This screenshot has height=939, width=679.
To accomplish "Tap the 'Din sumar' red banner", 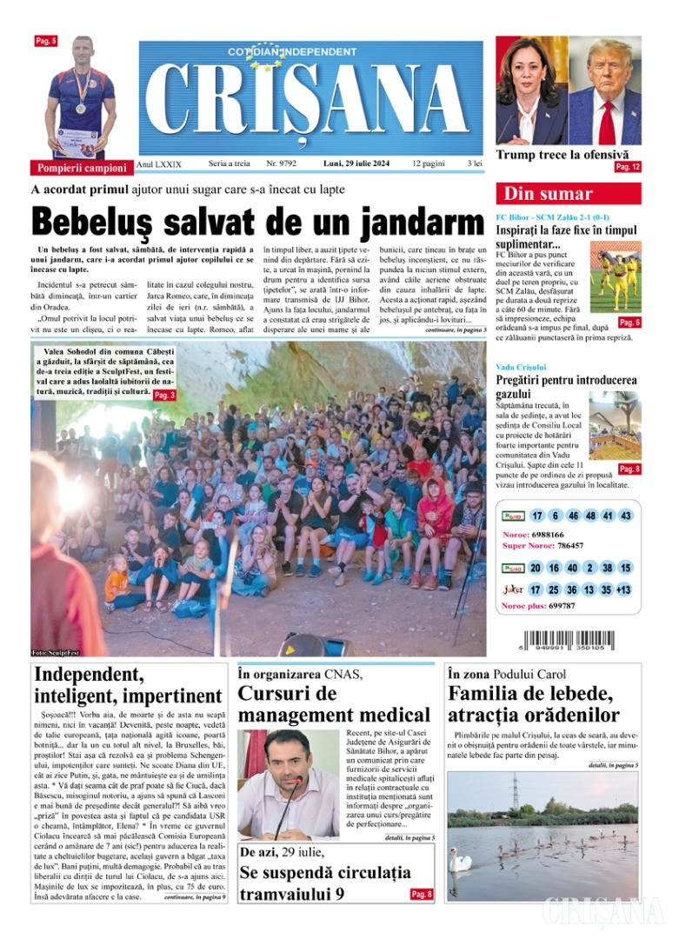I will tap(568, 194).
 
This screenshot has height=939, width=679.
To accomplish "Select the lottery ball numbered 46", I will tap(573, 516).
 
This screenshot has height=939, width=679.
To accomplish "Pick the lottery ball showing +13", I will tap(623, 589).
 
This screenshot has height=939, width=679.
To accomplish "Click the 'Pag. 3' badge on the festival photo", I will tap(164, 396).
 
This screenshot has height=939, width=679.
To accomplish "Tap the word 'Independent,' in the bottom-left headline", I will tap(89, 675).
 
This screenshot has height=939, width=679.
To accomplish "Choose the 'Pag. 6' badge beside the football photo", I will tap(629, 323).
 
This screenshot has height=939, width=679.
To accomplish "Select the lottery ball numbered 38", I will tap(606, 568).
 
